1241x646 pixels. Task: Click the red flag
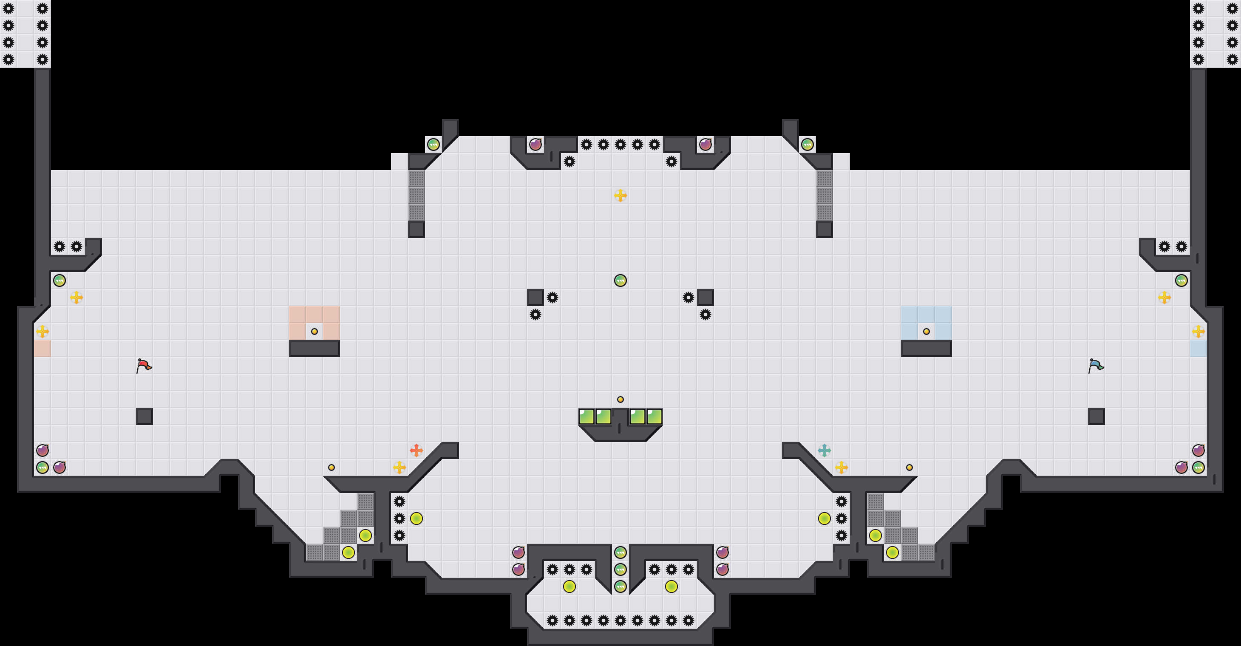coord(144,365)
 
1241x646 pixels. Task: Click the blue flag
coord(1096,365)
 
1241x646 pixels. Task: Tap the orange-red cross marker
coord(416,450)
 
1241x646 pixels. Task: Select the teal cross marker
coord(824,450)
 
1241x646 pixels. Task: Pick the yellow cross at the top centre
coord(620,195)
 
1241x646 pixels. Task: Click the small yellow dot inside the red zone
coord(314,331)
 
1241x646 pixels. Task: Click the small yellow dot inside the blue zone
coord(926,331)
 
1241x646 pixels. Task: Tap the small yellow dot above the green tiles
coord(620,399)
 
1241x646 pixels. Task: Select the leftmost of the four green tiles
coord(586,416)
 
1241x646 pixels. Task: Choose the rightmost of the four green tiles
coord(654,416)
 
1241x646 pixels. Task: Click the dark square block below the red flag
coord(144,416)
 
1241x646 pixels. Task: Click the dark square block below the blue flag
coord(1096,416)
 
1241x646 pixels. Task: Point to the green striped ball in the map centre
coord(620,280)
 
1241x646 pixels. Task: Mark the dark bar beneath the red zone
coord(314,348)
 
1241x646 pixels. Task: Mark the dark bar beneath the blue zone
coord(926,348)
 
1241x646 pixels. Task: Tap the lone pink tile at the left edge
coord(42,348)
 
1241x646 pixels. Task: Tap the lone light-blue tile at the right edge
coord(1198,348)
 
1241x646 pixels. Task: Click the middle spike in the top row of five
coord(620,144)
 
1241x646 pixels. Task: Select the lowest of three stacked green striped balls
coord(620,586)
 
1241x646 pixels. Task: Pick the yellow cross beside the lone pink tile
coord(42,331)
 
